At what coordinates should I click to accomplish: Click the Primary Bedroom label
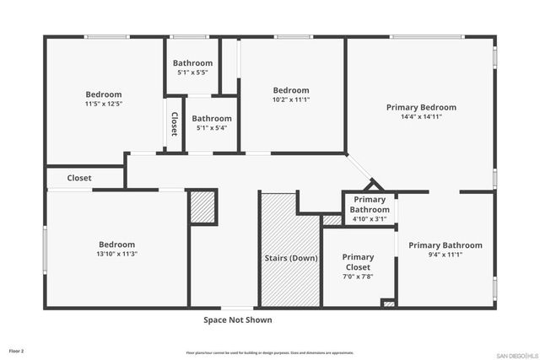[421, 107]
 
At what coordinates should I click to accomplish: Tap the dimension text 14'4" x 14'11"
[421, 117]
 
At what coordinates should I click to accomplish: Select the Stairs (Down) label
[291, 257]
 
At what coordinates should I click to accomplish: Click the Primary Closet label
[358, 262]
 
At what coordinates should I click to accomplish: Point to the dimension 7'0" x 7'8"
[358, 277]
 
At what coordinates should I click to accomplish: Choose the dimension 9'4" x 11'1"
[445, 255]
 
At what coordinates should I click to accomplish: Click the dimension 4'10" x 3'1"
[370, 218]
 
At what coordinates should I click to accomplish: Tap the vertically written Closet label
[175, 124]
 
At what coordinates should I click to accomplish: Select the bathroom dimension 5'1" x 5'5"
[194, 73]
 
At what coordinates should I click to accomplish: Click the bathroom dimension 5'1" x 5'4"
[211, 128]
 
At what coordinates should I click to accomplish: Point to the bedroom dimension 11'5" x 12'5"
[104, 104]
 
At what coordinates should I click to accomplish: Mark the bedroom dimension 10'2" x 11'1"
[290, 99]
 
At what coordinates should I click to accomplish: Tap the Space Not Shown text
[237, 320]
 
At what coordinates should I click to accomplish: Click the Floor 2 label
[16, 349]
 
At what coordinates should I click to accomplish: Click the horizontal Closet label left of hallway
[79, 178]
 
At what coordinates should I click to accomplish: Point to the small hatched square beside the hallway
[202, 207]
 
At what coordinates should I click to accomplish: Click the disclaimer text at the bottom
[270, 352]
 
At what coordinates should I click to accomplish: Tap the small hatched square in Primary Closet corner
[388, 302]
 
